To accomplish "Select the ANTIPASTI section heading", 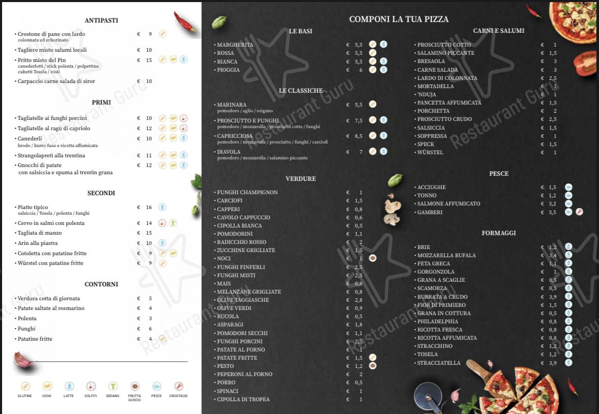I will tap(101, 20).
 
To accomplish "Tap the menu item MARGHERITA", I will tap(235, 45).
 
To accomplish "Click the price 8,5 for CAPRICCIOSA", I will tap(358, 136).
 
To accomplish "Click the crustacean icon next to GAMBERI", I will tap(580, 212).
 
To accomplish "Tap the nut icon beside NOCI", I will tap(373, 258).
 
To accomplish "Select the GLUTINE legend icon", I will tap(25, 386).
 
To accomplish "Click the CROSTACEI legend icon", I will tap(179, 386).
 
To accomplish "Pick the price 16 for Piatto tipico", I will tap(148, 208).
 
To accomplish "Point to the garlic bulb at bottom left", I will tap(24, 360).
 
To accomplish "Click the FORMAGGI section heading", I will tap(498, 233).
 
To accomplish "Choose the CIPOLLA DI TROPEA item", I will tap(243, 399).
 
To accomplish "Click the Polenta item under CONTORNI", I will tap(27, 318).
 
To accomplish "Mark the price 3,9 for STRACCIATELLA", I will tap(552, 363).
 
